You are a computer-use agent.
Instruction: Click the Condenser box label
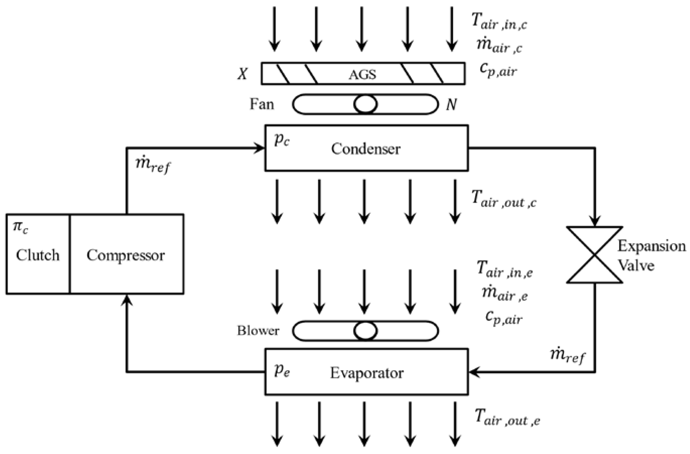click(366, 149)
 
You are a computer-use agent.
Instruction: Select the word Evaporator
click(367, 373)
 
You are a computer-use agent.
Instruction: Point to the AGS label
click(362, 75)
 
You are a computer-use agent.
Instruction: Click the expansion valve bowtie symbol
click(595, 255)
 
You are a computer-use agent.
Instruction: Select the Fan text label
click(262, 104)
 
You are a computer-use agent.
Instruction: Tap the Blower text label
click(258, 331)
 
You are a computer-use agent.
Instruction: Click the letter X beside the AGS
click(243, 74)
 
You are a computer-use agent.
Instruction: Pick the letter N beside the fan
click(451, 104)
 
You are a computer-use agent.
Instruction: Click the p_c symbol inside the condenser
click(282, 140)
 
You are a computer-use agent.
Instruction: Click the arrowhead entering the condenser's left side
click(260, 148)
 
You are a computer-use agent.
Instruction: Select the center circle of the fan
click(365, 104)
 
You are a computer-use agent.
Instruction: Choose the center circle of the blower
click(365, 331)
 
